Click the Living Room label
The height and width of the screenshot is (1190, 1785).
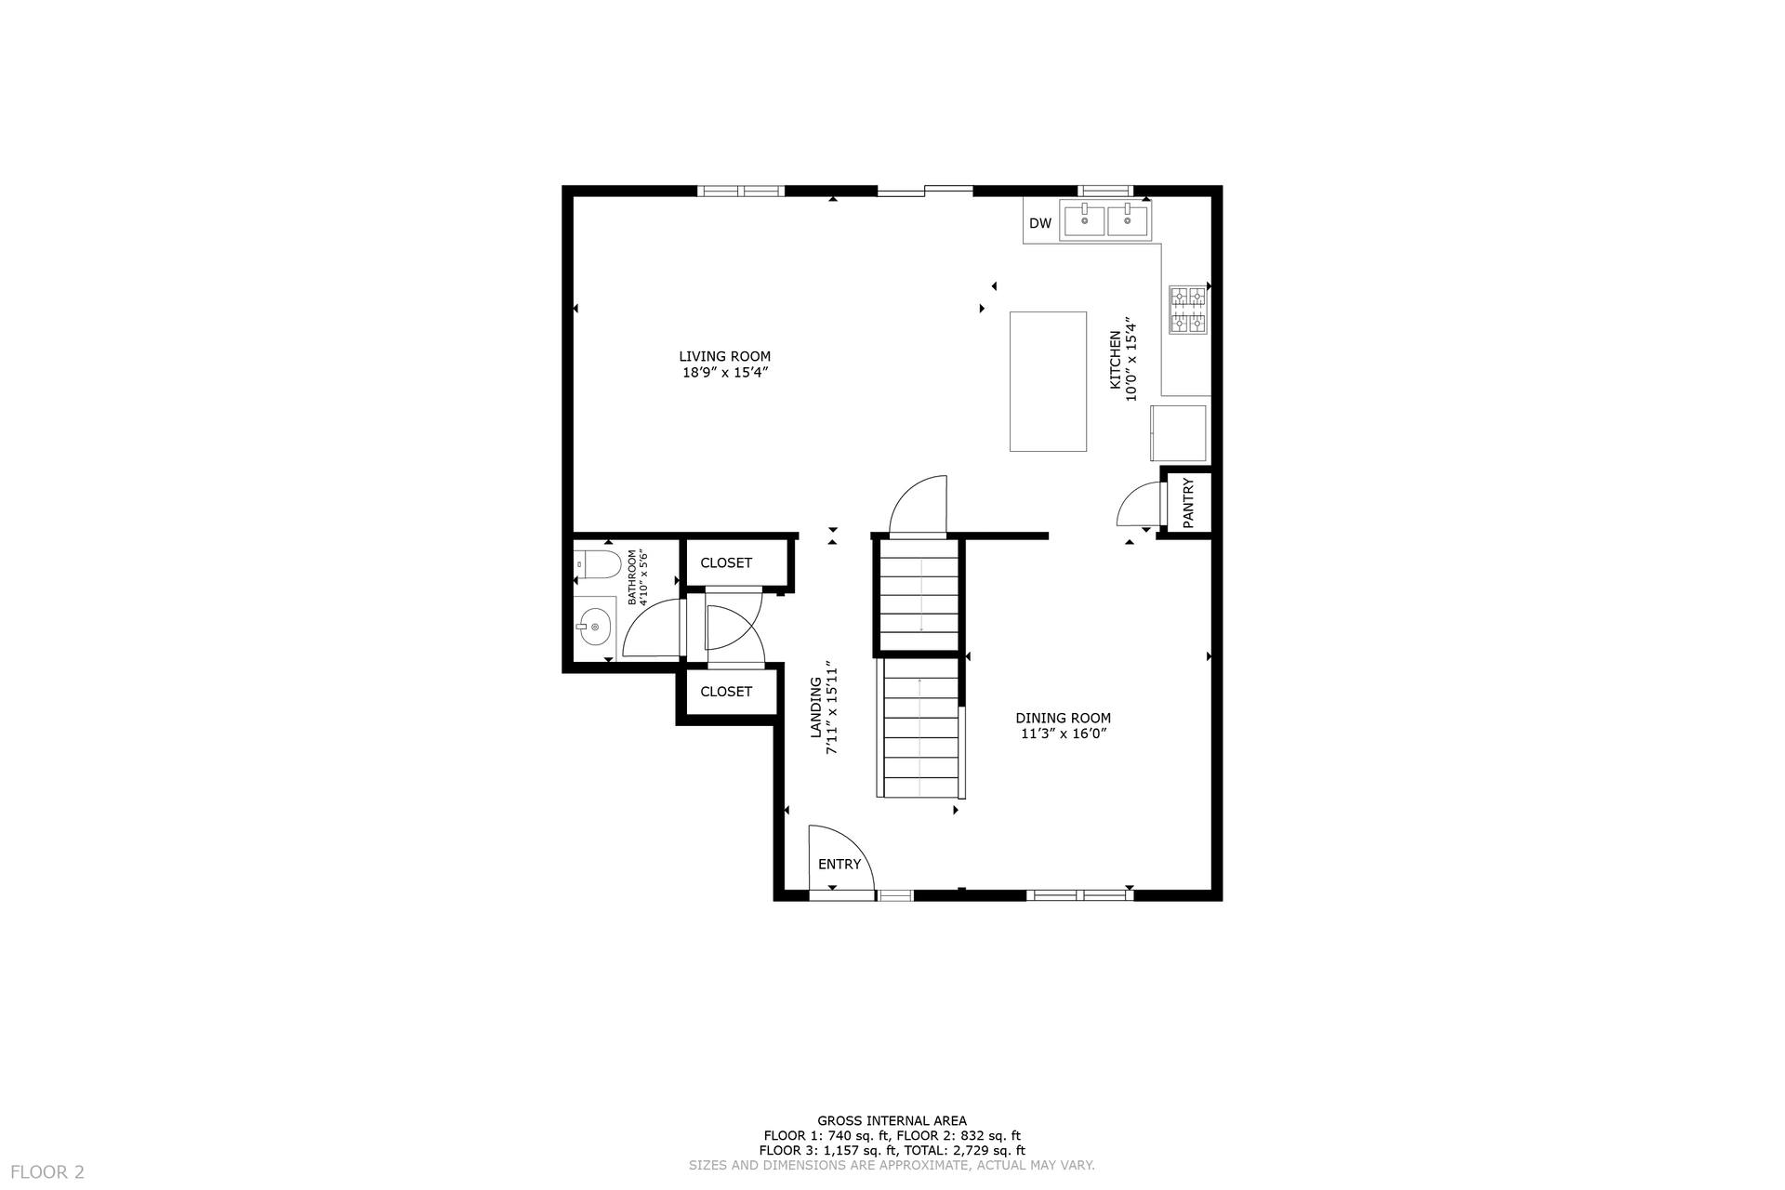pos(724,356)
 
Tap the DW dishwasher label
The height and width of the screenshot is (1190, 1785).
pos(1040,223)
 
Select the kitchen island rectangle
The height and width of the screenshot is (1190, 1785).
pos(1048,381)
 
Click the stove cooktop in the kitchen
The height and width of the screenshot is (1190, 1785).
pos(1187,310)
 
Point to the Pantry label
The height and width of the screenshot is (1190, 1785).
pos(1188,503)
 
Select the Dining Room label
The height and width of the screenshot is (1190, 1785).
pos(1063,718)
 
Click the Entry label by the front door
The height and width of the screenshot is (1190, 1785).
pos(840,865)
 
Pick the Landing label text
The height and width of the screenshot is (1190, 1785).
pos(815,707)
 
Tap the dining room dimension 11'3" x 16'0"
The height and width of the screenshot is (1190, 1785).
pos(1063,734)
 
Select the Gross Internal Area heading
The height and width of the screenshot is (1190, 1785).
pos(892,1121)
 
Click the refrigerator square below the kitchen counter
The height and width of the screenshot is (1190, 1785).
pos(1179,432)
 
